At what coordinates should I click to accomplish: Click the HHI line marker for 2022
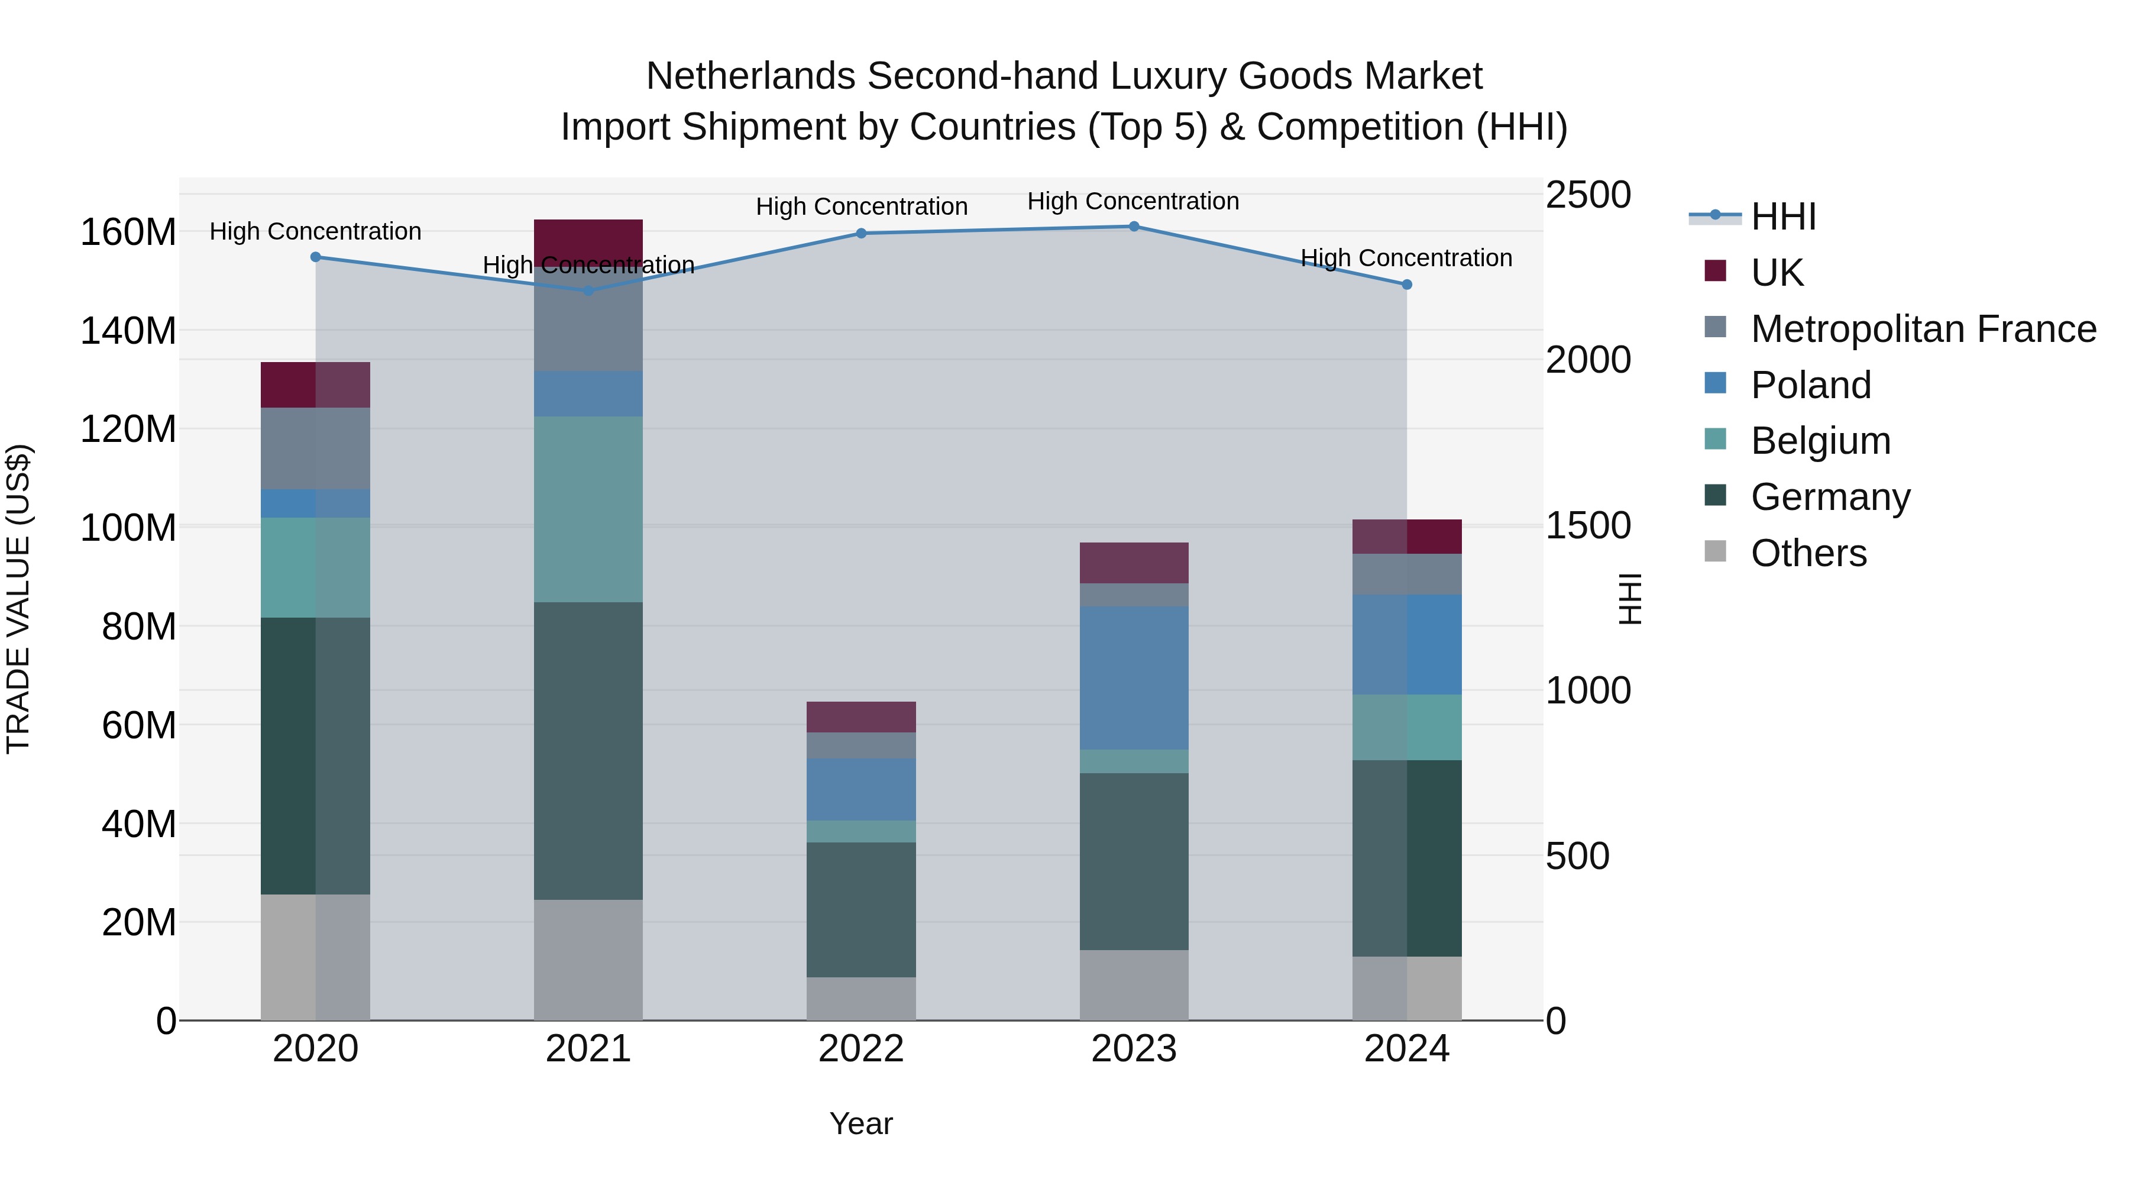point(860,233)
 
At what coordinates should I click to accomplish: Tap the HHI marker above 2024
point(1407,285)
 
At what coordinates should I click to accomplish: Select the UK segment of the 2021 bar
point(588,241)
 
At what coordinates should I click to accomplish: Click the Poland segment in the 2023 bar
point(1133,677)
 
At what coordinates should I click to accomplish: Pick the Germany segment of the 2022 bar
point(860,909)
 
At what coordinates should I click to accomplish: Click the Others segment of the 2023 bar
point(1133,984)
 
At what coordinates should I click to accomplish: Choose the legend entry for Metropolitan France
point(1923,328)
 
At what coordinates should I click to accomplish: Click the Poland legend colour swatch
point(1715,383)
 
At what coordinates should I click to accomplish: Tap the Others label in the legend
point(1808,553)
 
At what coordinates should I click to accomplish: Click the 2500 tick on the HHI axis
point(1588,195)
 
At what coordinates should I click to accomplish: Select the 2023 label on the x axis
point(1133,1048)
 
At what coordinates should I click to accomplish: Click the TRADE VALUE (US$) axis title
point(18,599)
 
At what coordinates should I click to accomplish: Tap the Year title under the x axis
point(860,1123)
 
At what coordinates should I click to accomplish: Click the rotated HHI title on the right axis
point(1629,599)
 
